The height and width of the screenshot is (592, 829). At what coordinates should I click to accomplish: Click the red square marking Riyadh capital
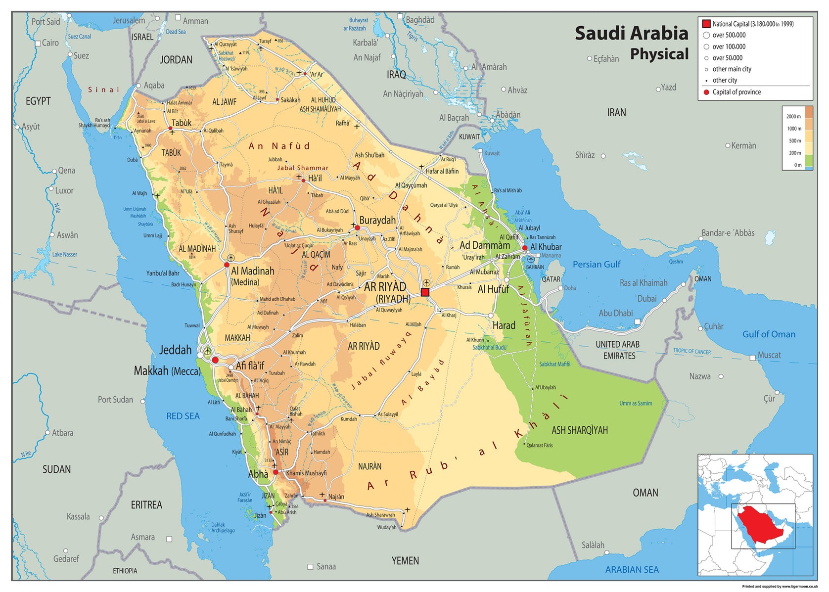425,292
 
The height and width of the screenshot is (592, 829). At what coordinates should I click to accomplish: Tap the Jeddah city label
175,350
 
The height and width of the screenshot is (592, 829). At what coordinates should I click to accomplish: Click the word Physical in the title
659,54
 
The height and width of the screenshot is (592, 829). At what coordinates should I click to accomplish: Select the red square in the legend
706,24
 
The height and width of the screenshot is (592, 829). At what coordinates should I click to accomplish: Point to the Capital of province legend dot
706,92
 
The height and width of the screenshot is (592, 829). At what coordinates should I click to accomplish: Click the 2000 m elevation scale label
793,117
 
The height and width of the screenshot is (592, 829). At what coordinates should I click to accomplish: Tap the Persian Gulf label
596,265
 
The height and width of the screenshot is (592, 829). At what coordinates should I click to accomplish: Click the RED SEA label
183,416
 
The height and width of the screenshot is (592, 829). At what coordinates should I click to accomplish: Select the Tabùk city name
181,123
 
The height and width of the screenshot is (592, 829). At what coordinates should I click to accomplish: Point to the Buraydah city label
377,221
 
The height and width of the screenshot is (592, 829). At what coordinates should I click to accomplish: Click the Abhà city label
258,474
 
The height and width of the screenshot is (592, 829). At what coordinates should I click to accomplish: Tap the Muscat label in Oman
769,355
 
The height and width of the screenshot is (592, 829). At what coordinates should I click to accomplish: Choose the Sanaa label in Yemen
326,567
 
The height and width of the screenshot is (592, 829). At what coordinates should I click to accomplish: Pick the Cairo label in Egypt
50,43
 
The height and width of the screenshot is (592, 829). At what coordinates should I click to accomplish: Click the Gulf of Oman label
769,334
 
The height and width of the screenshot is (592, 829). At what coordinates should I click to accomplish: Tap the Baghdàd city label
420,20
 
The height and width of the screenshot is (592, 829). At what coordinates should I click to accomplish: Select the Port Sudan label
115,400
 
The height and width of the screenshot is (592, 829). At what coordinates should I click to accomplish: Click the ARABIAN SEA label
632,570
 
